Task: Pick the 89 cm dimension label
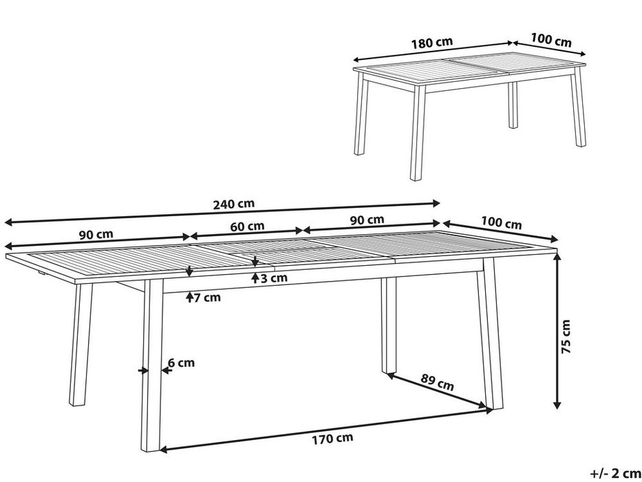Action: (x=438, y=384)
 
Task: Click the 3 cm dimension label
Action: (x=274, y=278)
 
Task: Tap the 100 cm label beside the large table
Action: (x=502, y=224)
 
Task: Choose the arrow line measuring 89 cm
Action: (x=440, y=392)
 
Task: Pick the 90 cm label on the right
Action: (x=367, y=220)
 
